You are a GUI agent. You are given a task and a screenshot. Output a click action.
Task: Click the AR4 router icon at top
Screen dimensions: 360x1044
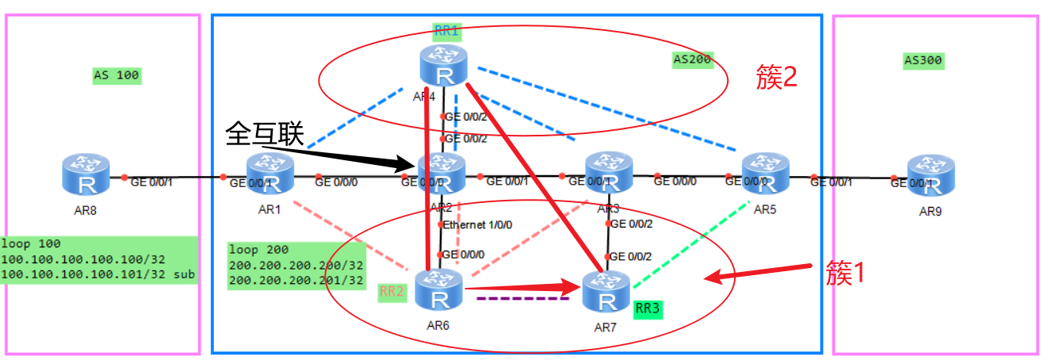pyautogui.click(x=443, y=67)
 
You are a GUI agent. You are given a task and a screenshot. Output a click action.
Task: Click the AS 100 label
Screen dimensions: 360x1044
pyautogui.click(x=116, y=76)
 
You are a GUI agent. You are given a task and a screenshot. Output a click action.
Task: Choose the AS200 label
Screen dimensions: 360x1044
pyautogui.click(x=692, y=60)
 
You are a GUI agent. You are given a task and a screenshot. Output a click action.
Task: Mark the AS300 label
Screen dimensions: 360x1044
pyautogui.click(x=924, y=60)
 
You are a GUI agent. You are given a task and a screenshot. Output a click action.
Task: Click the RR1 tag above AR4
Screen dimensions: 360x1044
pyautogui.click(x=446, y=32)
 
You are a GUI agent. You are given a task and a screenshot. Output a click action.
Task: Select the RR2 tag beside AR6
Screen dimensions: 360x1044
pyautogui.click(x=392, y=292)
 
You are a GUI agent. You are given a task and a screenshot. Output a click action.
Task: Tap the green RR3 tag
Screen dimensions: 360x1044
pyautogui.click(x=648, y=308)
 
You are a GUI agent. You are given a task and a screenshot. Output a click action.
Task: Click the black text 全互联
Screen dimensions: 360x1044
pyautogui.click(x=265, y=132)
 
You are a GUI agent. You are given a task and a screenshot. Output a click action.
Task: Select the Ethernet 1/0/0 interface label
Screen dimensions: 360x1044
pyautogui.click(x=478, y=224)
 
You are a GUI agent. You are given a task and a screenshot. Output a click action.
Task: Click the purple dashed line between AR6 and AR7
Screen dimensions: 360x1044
pyautogui.click(x=511, y=300)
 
